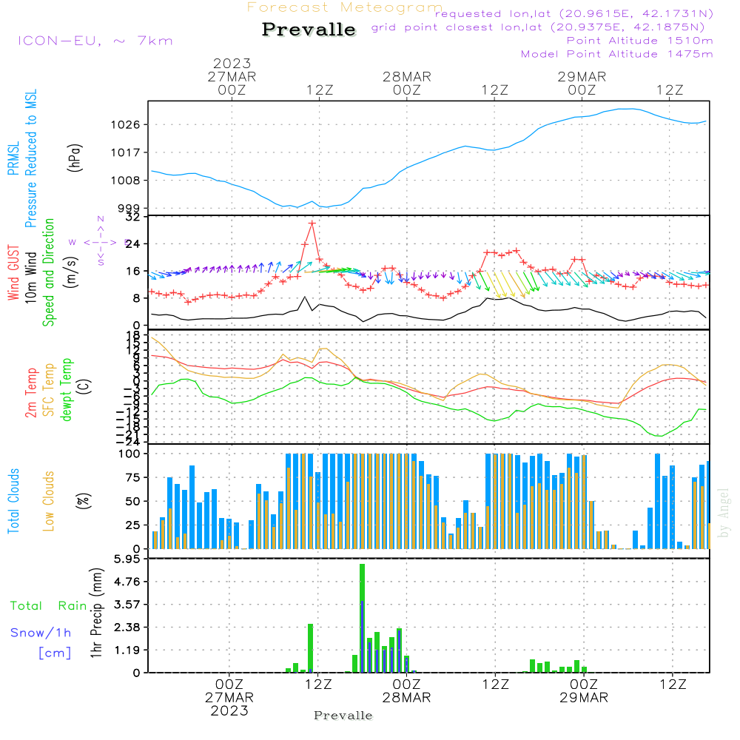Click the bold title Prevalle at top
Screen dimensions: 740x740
309,30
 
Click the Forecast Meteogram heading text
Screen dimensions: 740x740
345,8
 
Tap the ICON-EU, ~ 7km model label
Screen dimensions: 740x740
95,40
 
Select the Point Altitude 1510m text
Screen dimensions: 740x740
639,40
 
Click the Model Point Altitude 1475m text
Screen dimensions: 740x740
616,53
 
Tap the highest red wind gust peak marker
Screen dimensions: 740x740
312,223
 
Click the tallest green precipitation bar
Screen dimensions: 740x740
363,618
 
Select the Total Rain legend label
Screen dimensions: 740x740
49,605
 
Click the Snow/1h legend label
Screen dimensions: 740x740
41,633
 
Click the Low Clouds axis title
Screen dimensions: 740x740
49,500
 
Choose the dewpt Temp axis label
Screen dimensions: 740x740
67,390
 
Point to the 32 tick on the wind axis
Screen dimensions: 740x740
133,217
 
